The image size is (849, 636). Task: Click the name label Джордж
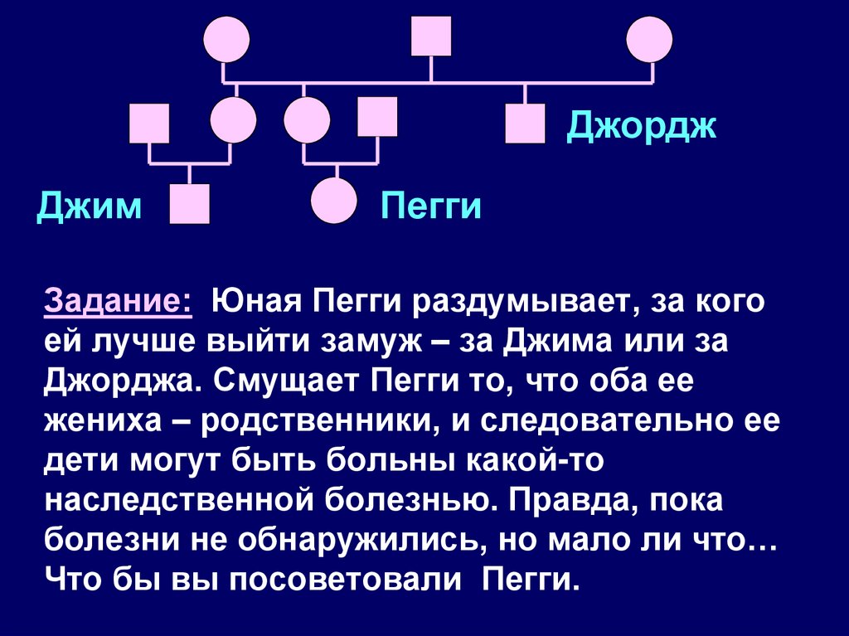click(x=640, y=128)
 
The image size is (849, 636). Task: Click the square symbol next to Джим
click(x=189, y=204)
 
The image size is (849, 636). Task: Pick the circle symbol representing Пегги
click(x=334, y=201)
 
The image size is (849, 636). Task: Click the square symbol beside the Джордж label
click(x=525, y=124)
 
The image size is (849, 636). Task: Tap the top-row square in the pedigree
click(x=431, y=36)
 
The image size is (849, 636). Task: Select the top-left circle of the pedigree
click(x=226, y=39)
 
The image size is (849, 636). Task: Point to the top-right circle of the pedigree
click(x=649, y=39)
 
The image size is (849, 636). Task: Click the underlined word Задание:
click(x=118, y=300)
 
